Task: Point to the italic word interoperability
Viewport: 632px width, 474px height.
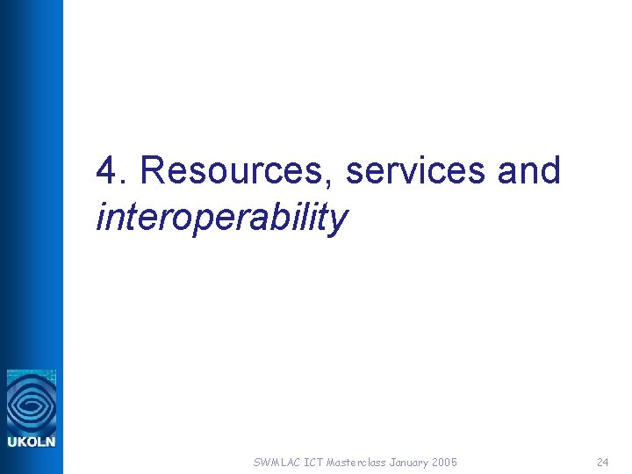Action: [221, 217]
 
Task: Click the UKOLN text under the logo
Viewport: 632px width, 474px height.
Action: [32, 442]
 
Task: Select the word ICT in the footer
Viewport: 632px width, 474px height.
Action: [312, 462]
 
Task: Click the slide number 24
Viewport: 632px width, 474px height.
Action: [602, 462]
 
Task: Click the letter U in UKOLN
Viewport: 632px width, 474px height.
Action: [12, 442]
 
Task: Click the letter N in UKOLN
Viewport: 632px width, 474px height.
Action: [50, 442]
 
